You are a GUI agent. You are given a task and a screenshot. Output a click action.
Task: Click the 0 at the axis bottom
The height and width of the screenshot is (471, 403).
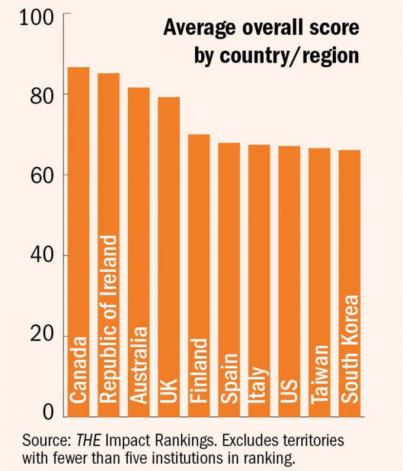coord(48,413)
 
